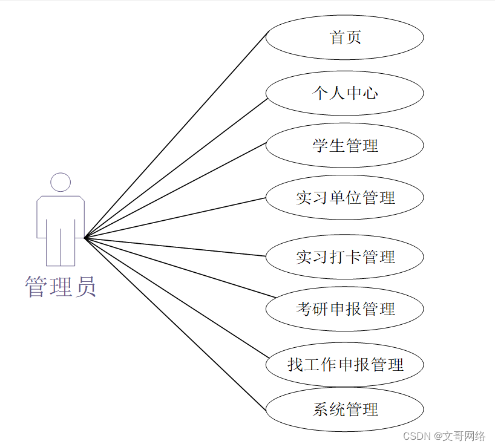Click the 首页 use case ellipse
click(x=344, y=38)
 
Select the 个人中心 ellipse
click(x=344, y=93)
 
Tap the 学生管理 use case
click(x=344, y=146)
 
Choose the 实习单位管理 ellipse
click(x=344, y=197)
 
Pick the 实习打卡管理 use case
click(x=344, y=256)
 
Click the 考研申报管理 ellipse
click(x=344, y=309)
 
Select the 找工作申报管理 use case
click(x=344, y=365)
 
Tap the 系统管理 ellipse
click(x=344, y=409)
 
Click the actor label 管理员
click(x=61, y=287)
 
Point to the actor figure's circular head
click(x=61, y=182)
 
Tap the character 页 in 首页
click(x=354, y=38)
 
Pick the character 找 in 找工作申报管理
click(x=295, y=365)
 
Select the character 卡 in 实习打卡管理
click(x=354, y=256)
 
